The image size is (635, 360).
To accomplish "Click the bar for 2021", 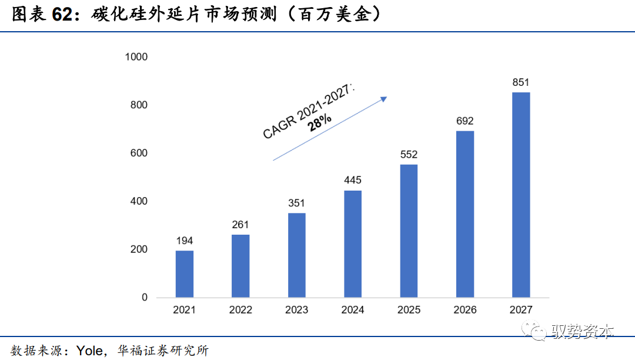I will (x=184, y=274).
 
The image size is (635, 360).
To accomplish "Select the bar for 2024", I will (x=353, y=244).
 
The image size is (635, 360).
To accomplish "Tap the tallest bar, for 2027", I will (x=521, y=195).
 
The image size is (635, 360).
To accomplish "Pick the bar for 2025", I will (x=409, y=231).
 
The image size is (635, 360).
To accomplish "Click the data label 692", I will (x=465, y=121).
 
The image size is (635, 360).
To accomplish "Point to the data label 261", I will (x=240, y=225).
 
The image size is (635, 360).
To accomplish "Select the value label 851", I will (x=521, y=82).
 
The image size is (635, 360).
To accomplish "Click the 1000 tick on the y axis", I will (x=136, y=57).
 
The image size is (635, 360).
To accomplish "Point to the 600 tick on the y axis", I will (x=139, y=153).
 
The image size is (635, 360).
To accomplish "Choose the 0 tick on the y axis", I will (x=145, y=298).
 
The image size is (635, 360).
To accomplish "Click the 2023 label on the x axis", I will (x=296, y=310).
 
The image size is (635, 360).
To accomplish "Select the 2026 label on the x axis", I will (x=465, y=310).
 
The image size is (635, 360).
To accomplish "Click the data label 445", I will (x=353, y=180).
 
